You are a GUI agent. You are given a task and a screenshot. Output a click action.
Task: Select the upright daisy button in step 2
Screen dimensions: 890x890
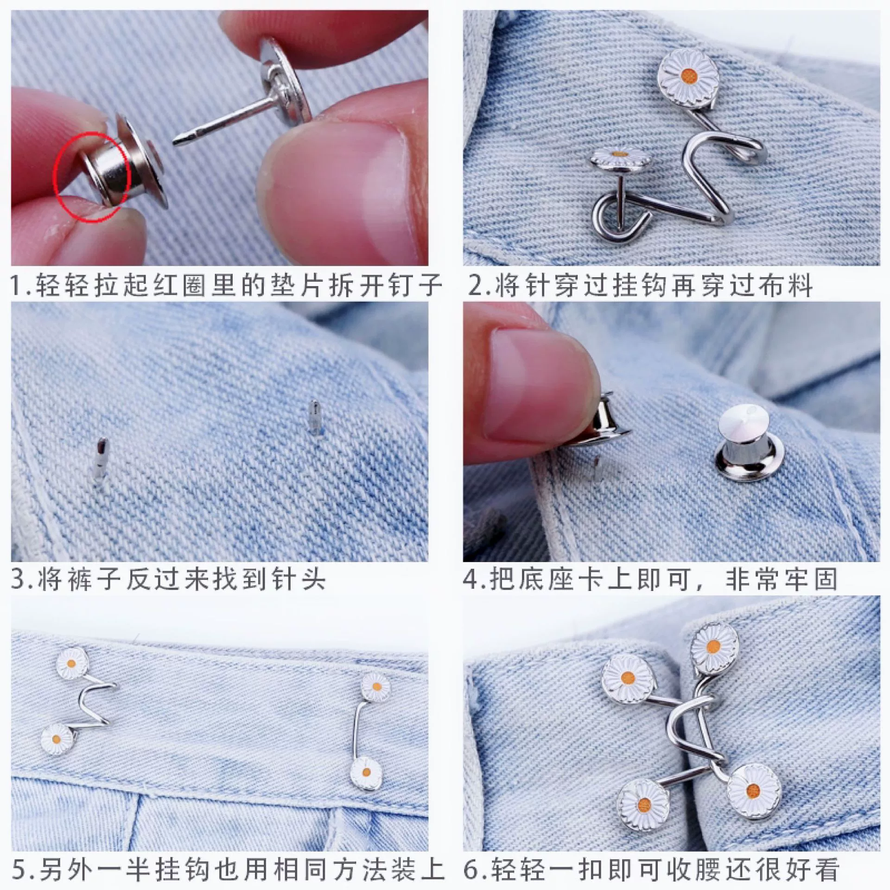(x=685, y=74)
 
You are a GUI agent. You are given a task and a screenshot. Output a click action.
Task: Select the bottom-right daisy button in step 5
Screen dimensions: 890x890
(x=363, y=772)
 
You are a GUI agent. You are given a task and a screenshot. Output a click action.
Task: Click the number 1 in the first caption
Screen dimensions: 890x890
(x=17, y=286)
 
